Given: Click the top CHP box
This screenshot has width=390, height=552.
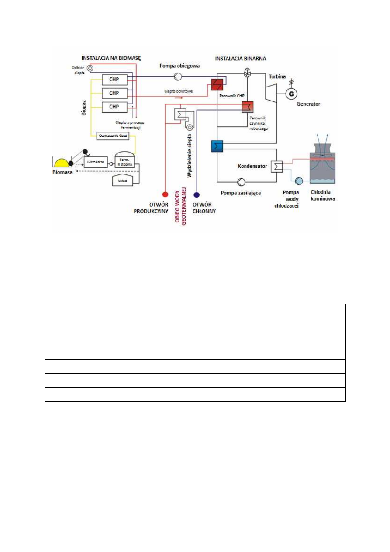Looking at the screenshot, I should tap(114, 80).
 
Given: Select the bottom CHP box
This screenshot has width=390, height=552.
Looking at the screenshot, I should tap(114, 106).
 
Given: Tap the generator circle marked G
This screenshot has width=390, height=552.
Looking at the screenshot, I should tap(290, 93).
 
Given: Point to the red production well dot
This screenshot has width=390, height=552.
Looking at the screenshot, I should tap(165, 194).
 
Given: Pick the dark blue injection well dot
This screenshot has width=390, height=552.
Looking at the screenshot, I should tap(197, 194).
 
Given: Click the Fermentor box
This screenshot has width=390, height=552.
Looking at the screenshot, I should tap(95, 162).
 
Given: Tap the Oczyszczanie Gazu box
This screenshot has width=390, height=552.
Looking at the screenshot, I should tap(113, 136).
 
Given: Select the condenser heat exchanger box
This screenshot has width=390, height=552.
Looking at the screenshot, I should tap(277, 167).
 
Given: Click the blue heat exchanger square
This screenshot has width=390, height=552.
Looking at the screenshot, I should tap(217, 146).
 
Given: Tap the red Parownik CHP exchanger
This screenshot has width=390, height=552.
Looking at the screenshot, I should tap(217, 84).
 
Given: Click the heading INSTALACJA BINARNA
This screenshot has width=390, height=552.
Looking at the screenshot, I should tap(240, 58).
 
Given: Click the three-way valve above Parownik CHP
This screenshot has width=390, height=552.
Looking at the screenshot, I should tap(248, 73).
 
